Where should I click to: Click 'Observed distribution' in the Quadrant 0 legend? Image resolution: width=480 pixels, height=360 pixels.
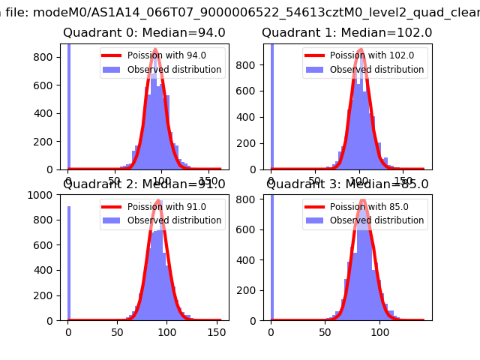[x=174, y=70]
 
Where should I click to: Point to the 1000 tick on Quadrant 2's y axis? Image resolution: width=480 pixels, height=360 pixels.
[x=42, y=195]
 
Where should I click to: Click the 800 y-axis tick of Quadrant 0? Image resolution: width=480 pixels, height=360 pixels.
[x=45, y=57]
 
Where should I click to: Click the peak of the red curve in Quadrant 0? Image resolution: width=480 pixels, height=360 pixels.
[x=154, y=50]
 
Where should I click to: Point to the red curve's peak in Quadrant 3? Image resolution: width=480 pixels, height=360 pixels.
[x=364, y=199]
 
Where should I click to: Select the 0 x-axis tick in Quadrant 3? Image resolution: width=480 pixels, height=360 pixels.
[x=271, y=331]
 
